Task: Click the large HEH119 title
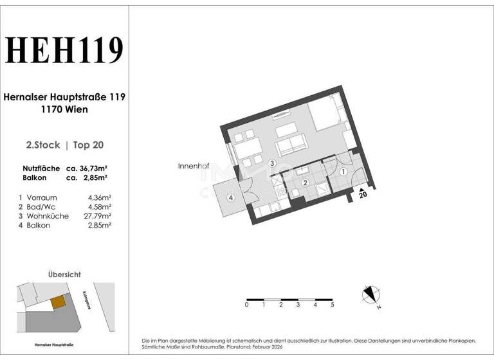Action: (64, 51)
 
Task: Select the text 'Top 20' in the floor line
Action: (87, 145)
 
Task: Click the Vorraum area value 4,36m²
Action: (99, 197)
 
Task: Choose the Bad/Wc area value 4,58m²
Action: (99, 207)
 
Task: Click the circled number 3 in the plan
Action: (272, 164)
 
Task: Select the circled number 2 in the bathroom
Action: (306, 183)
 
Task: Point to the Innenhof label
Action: (194, 166)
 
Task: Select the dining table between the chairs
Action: (246, 149)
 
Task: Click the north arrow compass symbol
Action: (369, 294)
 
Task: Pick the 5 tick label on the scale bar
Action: (332, 305)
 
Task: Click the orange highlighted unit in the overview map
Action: (58, 301)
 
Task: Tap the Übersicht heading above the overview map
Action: (64, 274)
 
